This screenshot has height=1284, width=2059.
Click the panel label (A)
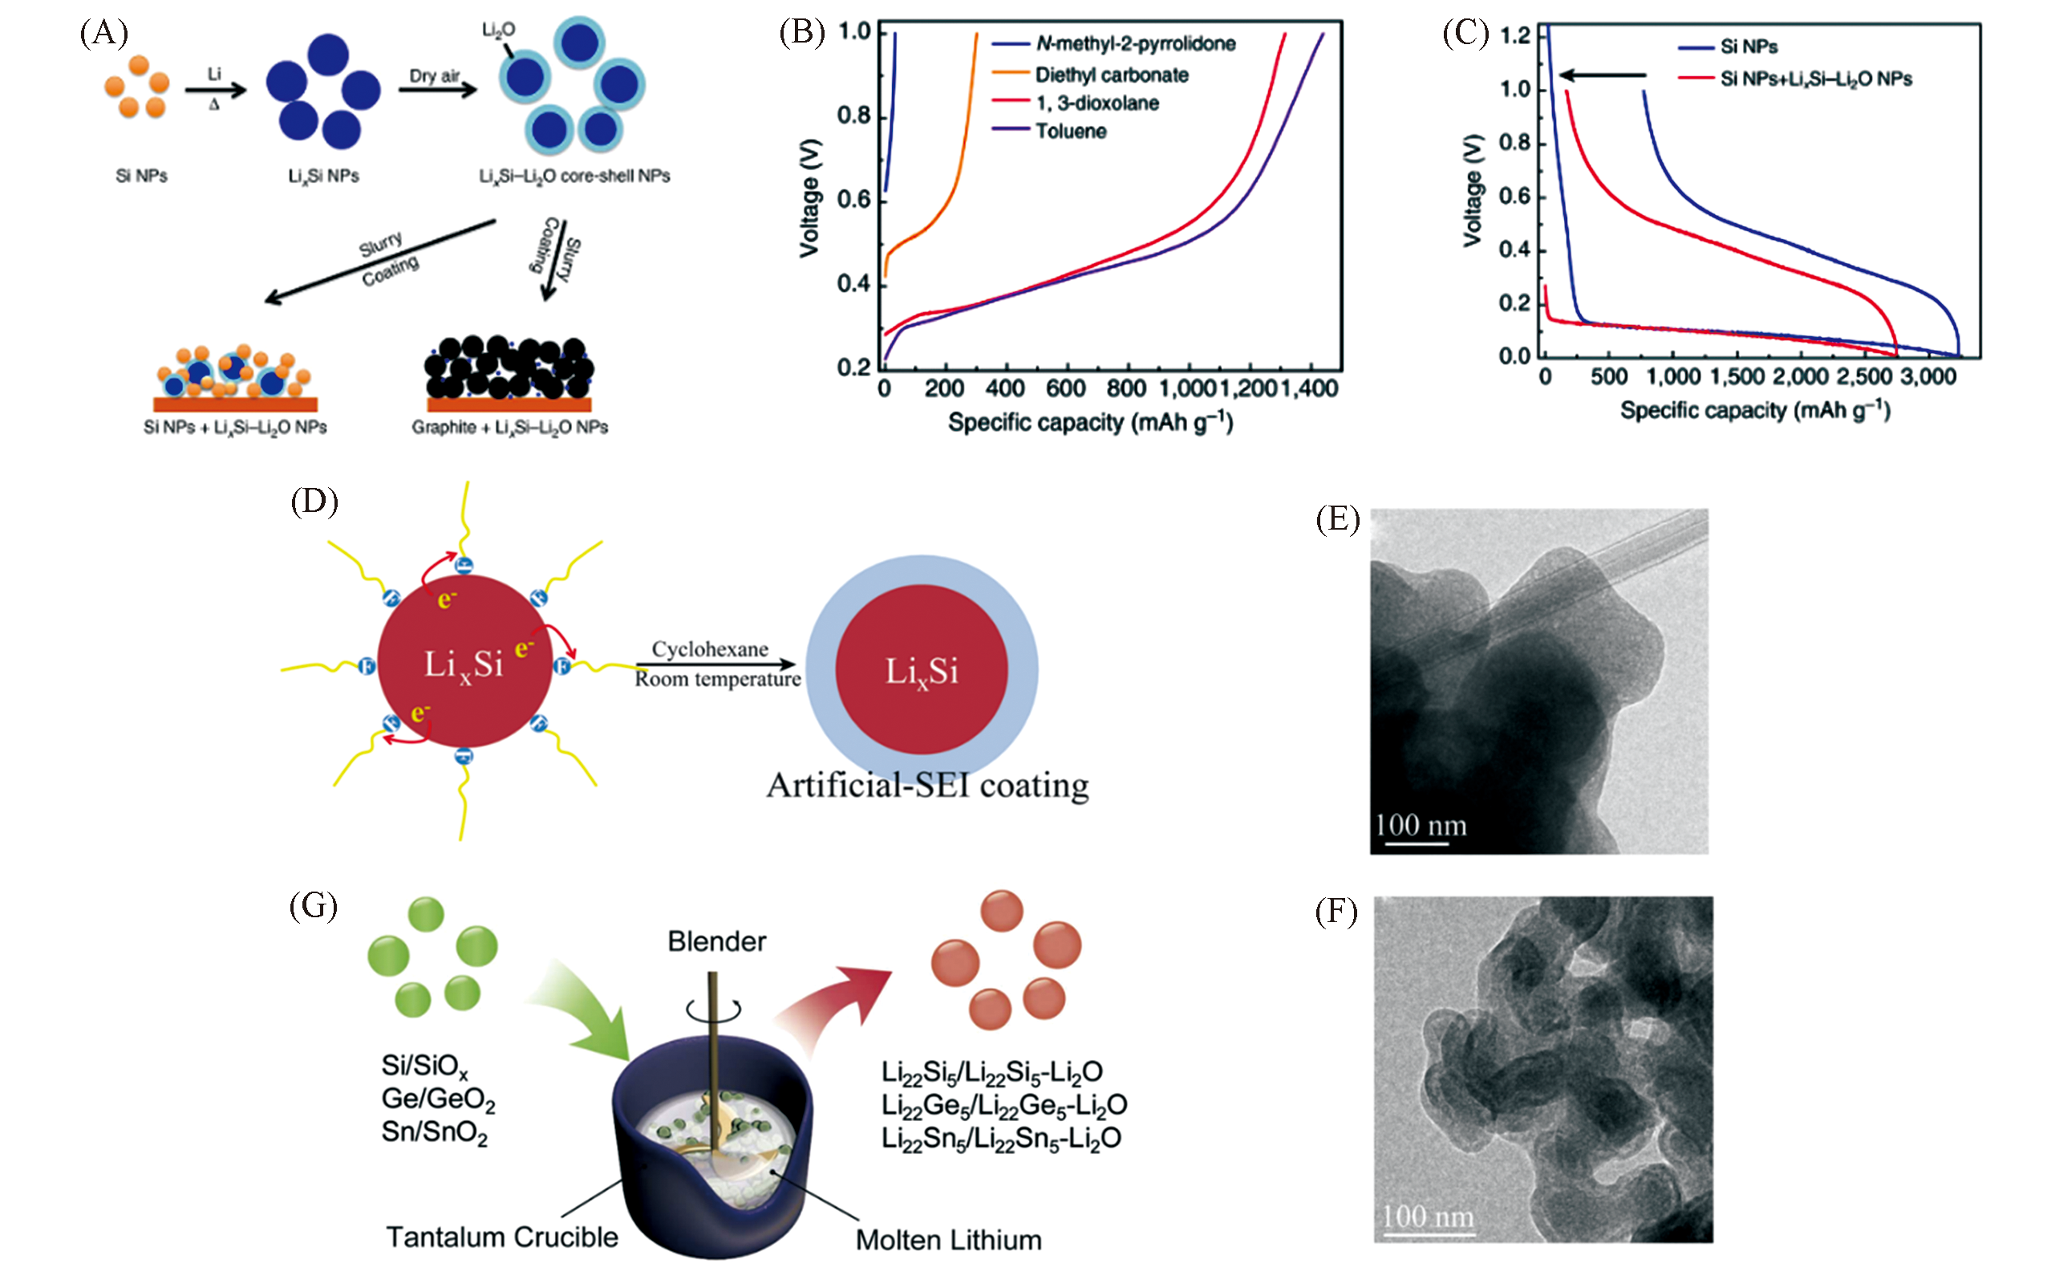click(x=103, y=33)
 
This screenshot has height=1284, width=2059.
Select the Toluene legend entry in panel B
click(x=1070, y=132)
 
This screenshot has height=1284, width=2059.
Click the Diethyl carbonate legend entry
click(x=1111, y=75)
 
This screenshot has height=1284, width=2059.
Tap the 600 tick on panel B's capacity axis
click(x=1065, y=389)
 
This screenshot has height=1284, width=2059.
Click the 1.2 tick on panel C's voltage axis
click(x=1514, y=35)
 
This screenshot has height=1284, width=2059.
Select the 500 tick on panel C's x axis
click(x=1608, y=376)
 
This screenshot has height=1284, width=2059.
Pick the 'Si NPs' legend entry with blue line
click(x=1748, y=47)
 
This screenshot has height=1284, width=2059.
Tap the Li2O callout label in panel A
click(x=498, y=30)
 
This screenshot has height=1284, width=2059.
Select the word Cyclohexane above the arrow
click(x=710, y=648)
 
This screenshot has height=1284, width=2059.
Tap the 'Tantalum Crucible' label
click(x=501, y=1237)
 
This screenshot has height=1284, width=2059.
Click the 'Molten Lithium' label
click(x=948, y=1240)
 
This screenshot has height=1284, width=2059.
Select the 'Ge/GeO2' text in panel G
click(x=438, y=1099)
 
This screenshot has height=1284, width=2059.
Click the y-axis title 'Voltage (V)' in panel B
click(x=809, y=197)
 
